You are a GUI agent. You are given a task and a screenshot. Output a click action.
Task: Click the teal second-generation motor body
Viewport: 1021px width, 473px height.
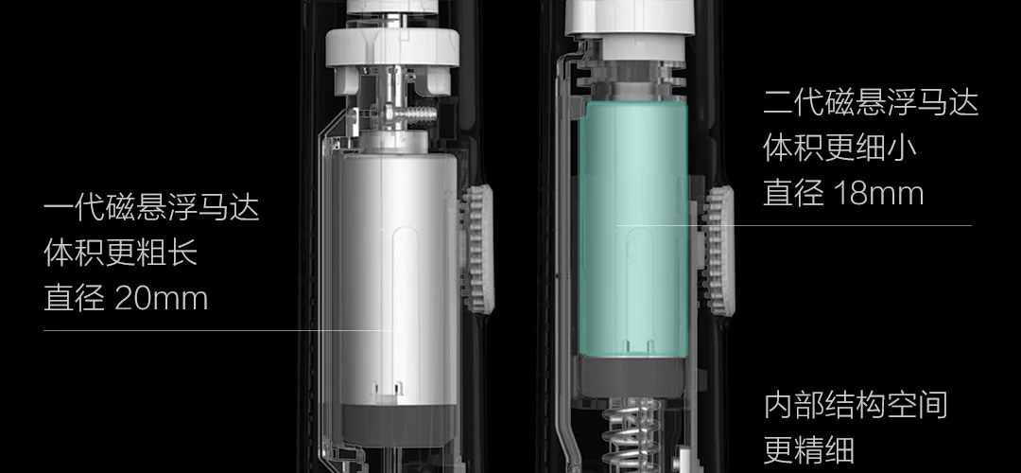point(632,228)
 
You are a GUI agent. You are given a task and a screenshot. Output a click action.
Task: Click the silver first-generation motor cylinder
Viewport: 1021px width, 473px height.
point(398,279)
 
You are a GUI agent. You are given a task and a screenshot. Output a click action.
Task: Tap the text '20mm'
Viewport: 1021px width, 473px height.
point(161,299)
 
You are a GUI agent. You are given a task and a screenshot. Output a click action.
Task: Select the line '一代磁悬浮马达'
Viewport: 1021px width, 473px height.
point(151,208)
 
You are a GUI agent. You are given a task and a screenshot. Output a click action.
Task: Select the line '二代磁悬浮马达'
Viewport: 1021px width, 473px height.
point(871,103)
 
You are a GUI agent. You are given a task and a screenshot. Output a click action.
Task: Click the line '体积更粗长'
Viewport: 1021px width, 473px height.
point(120,253)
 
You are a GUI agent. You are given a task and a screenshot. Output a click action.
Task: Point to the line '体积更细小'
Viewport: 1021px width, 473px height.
point(840,148)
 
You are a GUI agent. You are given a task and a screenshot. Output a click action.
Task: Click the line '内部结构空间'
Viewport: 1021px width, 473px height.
point(855,405)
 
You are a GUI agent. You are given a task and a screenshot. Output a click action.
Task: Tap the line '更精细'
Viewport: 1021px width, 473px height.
point(808,449)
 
